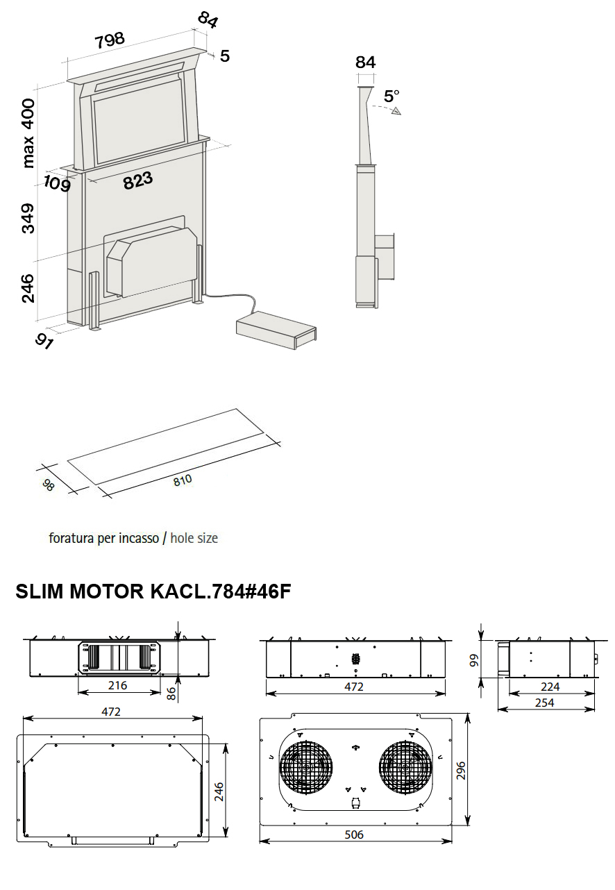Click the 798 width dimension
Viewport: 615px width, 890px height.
coord(110,40)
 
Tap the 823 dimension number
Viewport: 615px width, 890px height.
coord(138,180)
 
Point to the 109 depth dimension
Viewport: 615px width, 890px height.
coord(57,184)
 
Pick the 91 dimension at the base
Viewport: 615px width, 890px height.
coord(44,341)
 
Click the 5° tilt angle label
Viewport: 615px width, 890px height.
coord(392,95)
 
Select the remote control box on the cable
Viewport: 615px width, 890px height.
coord(276,329)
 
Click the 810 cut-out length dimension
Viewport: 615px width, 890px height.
coord(183,480)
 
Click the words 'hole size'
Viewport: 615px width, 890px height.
coord(194,538)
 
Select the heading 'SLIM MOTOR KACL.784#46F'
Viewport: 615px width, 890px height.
coord(153,591)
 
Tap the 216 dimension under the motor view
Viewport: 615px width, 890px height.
coord(118,685)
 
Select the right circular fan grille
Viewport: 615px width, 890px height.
coord(406,769)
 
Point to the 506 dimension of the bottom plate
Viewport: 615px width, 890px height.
coord(354,834)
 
